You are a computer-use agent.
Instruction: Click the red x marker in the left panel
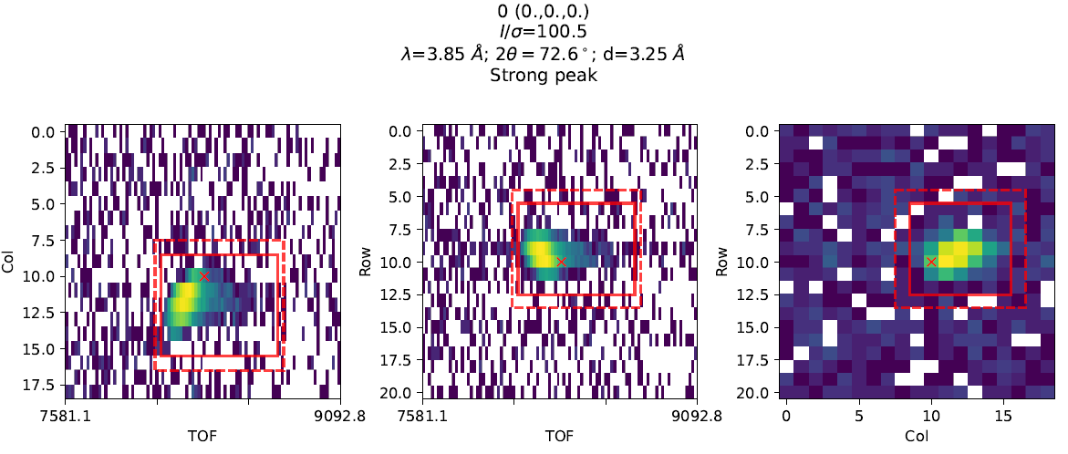coord(203,275)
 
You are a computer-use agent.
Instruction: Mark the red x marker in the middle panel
coord(561,262)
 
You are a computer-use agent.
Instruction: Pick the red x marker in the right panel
coord(931,262)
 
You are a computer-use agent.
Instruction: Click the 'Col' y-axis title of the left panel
coord(9,262)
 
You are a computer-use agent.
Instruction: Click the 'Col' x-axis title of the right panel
coord(917,436)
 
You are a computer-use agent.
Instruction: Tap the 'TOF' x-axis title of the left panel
coord(202,436)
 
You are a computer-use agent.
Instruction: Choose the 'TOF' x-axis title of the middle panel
coord(559,436)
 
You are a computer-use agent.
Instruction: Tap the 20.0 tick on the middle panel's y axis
coord(399,392)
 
